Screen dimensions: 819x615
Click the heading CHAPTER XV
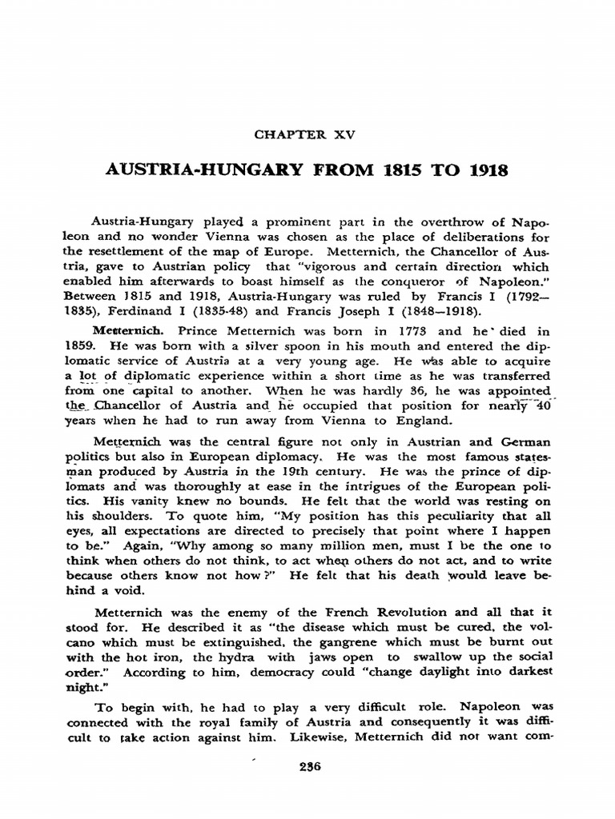(307, 134)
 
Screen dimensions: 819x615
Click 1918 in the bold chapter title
(486, 173)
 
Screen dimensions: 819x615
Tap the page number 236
(307, 765)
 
